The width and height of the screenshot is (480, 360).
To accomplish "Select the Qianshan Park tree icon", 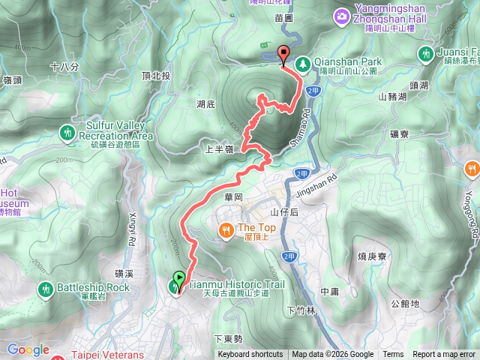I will (303, 64).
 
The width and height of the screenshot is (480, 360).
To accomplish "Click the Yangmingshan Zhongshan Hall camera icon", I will (342, 15).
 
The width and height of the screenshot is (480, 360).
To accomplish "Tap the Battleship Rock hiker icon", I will (46, 288).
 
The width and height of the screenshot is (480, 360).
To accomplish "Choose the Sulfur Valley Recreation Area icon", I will (68, 132).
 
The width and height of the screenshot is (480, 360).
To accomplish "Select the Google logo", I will (28, 349).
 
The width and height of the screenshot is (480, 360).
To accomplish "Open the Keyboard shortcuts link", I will (250, 355).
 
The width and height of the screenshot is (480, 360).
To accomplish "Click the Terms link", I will (393, 355).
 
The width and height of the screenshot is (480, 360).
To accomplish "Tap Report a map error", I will (444, 355).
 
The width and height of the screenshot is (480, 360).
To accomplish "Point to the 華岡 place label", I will (235, 197).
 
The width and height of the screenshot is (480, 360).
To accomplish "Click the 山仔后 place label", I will (285, 213).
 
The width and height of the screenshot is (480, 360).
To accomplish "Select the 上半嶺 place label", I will (219, 149).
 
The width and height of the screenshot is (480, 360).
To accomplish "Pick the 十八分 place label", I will (64, 67).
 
